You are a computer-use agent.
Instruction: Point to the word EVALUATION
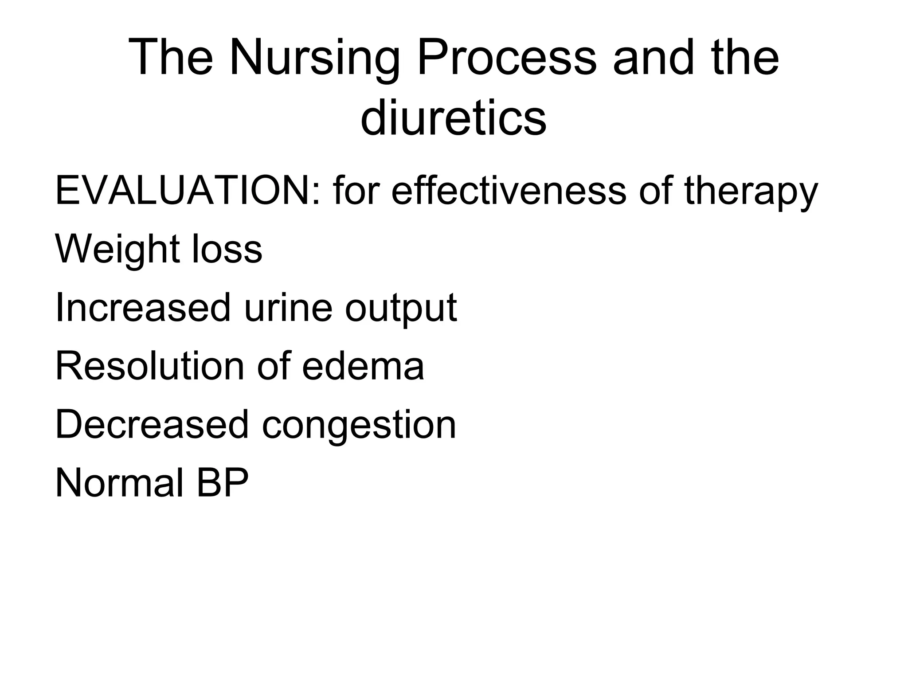[183, 191]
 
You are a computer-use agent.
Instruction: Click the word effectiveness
[509, 191]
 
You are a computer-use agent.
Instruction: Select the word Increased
[143, 308]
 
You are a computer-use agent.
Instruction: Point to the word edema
[363, 366]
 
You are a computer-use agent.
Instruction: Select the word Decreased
[152, 425]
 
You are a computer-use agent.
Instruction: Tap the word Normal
[119, 483]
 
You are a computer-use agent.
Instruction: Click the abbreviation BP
[222, 483]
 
